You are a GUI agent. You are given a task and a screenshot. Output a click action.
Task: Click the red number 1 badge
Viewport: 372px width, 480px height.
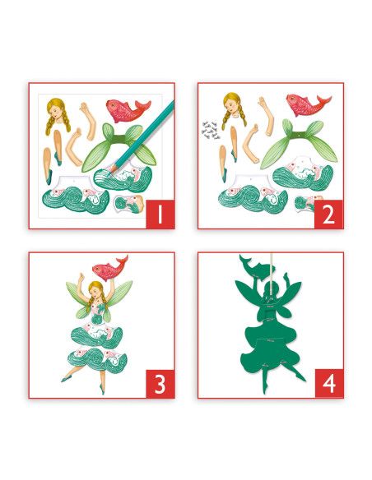click(160, 215)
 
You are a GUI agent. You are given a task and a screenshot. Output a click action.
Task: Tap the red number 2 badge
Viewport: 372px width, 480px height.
click(329, 215)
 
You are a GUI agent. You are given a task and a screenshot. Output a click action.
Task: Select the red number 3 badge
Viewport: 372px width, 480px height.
click(160, 384)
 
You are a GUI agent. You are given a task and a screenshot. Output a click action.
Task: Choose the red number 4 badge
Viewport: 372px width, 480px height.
click(329, 384)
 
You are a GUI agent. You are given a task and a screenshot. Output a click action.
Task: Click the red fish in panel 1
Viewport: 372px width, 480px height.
click(128, 109)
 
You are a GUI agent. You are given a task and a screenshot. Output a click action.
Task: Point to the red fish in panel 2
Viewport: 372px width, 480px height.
click(307, 104)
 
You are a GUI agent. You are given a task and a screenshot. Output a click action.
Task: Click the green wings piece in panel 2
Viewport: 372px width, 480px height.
click(299, 143)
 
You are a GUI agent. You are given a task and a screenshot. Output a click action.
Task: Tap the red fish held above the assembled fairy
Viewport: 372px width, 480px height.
click(109, 268)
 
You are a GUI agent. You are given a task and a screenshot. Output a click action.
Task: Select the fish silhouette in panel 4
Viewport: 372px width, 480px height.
click(257, 265)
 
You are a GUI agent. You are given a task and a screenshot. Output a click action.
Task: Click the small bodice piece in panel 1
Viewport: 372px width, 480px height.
click(129, 204)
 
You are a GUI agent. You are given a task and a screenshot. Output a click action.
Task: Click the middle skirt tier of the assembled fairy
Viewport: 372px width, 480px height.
click(97, 336)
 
